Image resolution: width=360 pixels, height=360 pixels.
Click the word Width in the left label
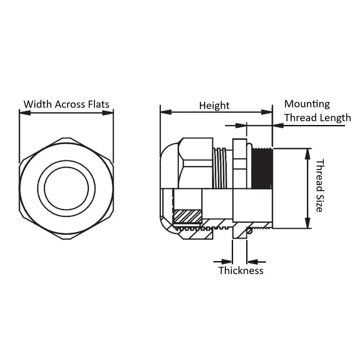pos(38,104)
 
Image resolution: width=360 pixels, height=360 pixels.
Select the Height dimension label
pos(214,105)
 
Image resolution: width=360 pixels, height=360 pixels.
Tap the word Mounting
pos(307,104)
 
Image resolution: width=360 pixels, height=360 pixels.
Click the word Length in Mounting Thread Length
pos(334,117)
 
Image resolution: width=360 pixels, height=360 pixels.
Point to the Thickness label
pos(241,270)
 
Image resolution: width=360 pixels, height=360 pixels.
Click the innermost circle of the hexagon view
pos(66,189)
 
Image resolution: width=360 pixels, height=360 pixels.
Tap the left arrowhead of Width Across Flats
pos(25,113)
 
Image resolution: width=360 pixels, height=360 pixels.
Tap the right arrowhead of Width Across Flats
pos(108,113)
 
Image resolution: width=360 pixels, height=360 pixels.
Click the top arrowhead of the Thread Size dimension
pos(307,154)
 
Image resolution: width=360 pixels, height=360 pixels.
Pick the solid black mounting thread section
pos(262,169)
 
